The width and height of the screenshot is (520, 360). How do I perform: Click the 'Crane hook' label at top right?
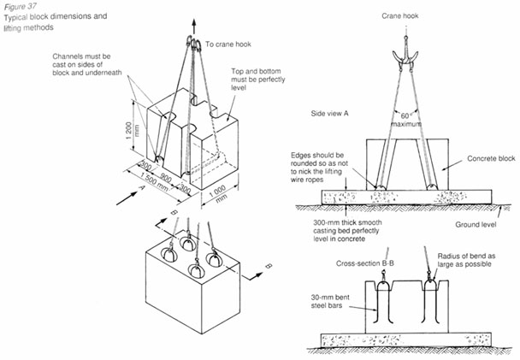[x=401, y=16]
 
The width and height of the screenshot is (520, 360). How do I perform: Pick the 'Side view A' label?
[x=334, y=113]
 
